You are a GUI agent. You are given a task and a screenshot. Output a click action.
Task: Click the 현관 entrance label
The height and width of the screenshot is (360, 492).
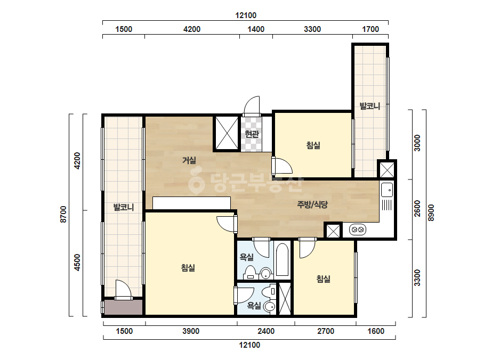(x=252, y=134)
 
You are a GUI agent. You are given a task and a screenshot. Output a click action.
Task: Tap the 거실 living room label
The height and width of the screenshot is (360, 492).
(x=189, y=160)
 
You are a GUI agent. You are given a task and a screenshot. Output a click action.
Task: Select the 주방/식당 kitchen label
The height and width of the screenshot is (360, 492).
(x=312, y=205)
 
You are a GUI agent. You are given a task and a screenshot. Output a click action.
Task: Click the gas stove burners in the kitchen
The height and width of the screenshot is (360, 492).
(x=357, y=230)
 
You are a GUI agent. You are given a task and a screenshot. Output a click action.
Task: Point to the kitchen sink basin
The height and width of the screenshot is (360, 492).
(x=387, y=190)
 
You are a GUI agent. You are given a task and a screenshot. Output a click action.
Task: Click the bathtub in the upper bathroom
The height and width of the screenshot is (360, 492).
(x=283, y=260)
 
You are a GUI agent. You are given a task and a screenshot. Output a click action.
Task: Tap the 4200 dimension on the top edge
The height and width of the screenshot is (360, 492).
(x=192, y=29)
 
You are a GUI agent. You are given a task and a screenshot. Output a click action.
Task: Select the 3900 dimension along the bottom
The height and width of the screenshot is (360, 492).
(x=191, y=331)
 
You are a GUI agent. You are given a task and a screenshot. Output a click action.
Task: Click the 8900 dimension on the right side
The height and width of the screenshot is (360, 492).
(x=431, y=212)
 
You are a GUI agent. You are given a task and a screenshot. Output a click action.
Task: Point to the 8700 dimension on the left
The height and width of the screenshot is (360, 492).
(x=63, y=215)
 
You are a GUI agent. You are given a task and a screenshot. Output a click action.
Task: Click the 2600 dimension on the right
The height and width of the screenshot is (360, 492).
(x=417, y=209)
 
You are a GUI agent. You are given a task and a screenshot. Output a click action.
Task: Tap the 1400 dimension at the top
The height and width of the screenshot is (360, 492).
(x=256, y=29)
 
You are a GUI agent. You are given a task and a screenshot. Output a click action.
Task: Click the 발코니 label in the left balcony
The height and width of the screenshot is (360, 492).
(x=124, y=207)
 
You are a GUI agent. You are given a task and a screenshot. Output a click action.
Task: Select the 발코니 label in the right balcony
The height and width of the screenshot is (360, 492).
(x=370, y=106)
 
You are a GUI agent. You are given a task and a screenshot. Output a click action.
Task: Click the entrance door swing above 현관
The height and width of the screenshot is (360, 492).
(x=252, y=105)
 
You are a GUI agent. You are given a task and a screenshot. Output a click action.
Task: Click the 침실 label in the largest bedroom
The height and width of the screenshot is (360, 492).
(x=188, y=268)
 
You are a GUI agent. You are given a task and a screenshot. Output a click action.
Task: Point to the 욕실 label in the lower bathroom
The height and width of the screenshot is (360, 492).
(x=254, y=305)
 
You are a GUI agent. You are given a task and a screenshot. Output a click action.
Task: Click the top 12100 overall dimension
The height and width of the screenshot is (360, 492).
(x=246, y=15)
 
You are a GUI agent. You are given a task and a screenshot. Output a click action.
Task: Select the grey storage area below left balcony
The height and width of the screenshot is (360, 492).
(x=123, y=307)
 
